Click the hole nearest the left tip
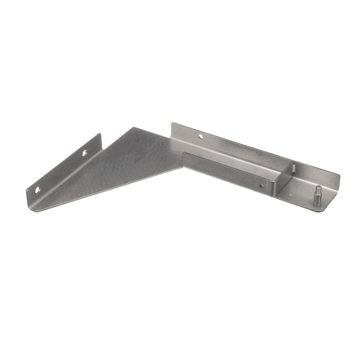(37, 190)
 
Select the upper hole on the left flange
(85, 154)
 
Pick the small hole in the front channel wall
(261, 185)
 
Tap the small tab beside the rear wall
(293, 167)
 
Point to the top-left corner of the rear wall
(173, 125)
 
